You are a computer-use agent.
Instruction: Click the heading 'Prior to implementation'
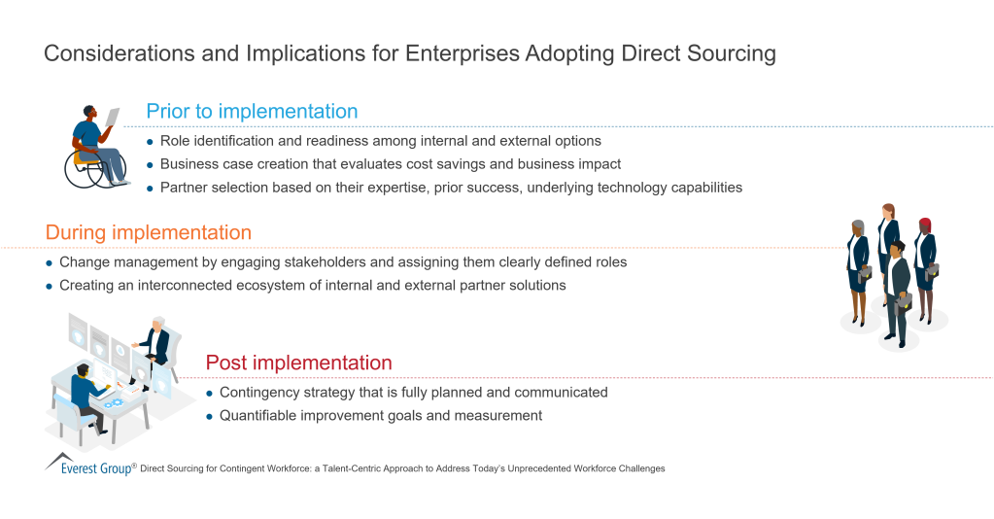pos(252,111)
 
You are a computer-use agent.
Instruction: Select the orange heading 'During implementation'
pos(148,233)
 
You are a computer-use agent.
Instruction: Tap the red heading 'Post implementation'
pos(298,363)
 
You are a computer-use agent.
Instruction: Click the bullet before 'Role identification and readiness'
pos(150,141)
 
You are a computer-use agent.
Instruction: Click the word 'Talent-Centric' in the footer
pos(370,468)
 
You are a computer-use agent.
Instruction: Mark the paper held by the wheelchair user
pos(113,117)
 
